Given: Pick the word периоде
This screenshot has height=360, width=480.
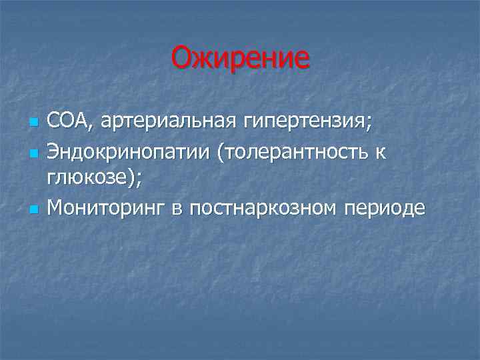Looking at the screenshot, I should coord(384,209).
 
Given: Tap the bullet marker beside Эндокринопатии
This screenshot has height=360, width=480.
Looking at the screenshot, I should coord(33,153).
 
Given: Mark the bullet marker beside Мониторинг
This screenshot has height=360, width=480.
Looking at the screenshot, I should coord(33,209).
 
